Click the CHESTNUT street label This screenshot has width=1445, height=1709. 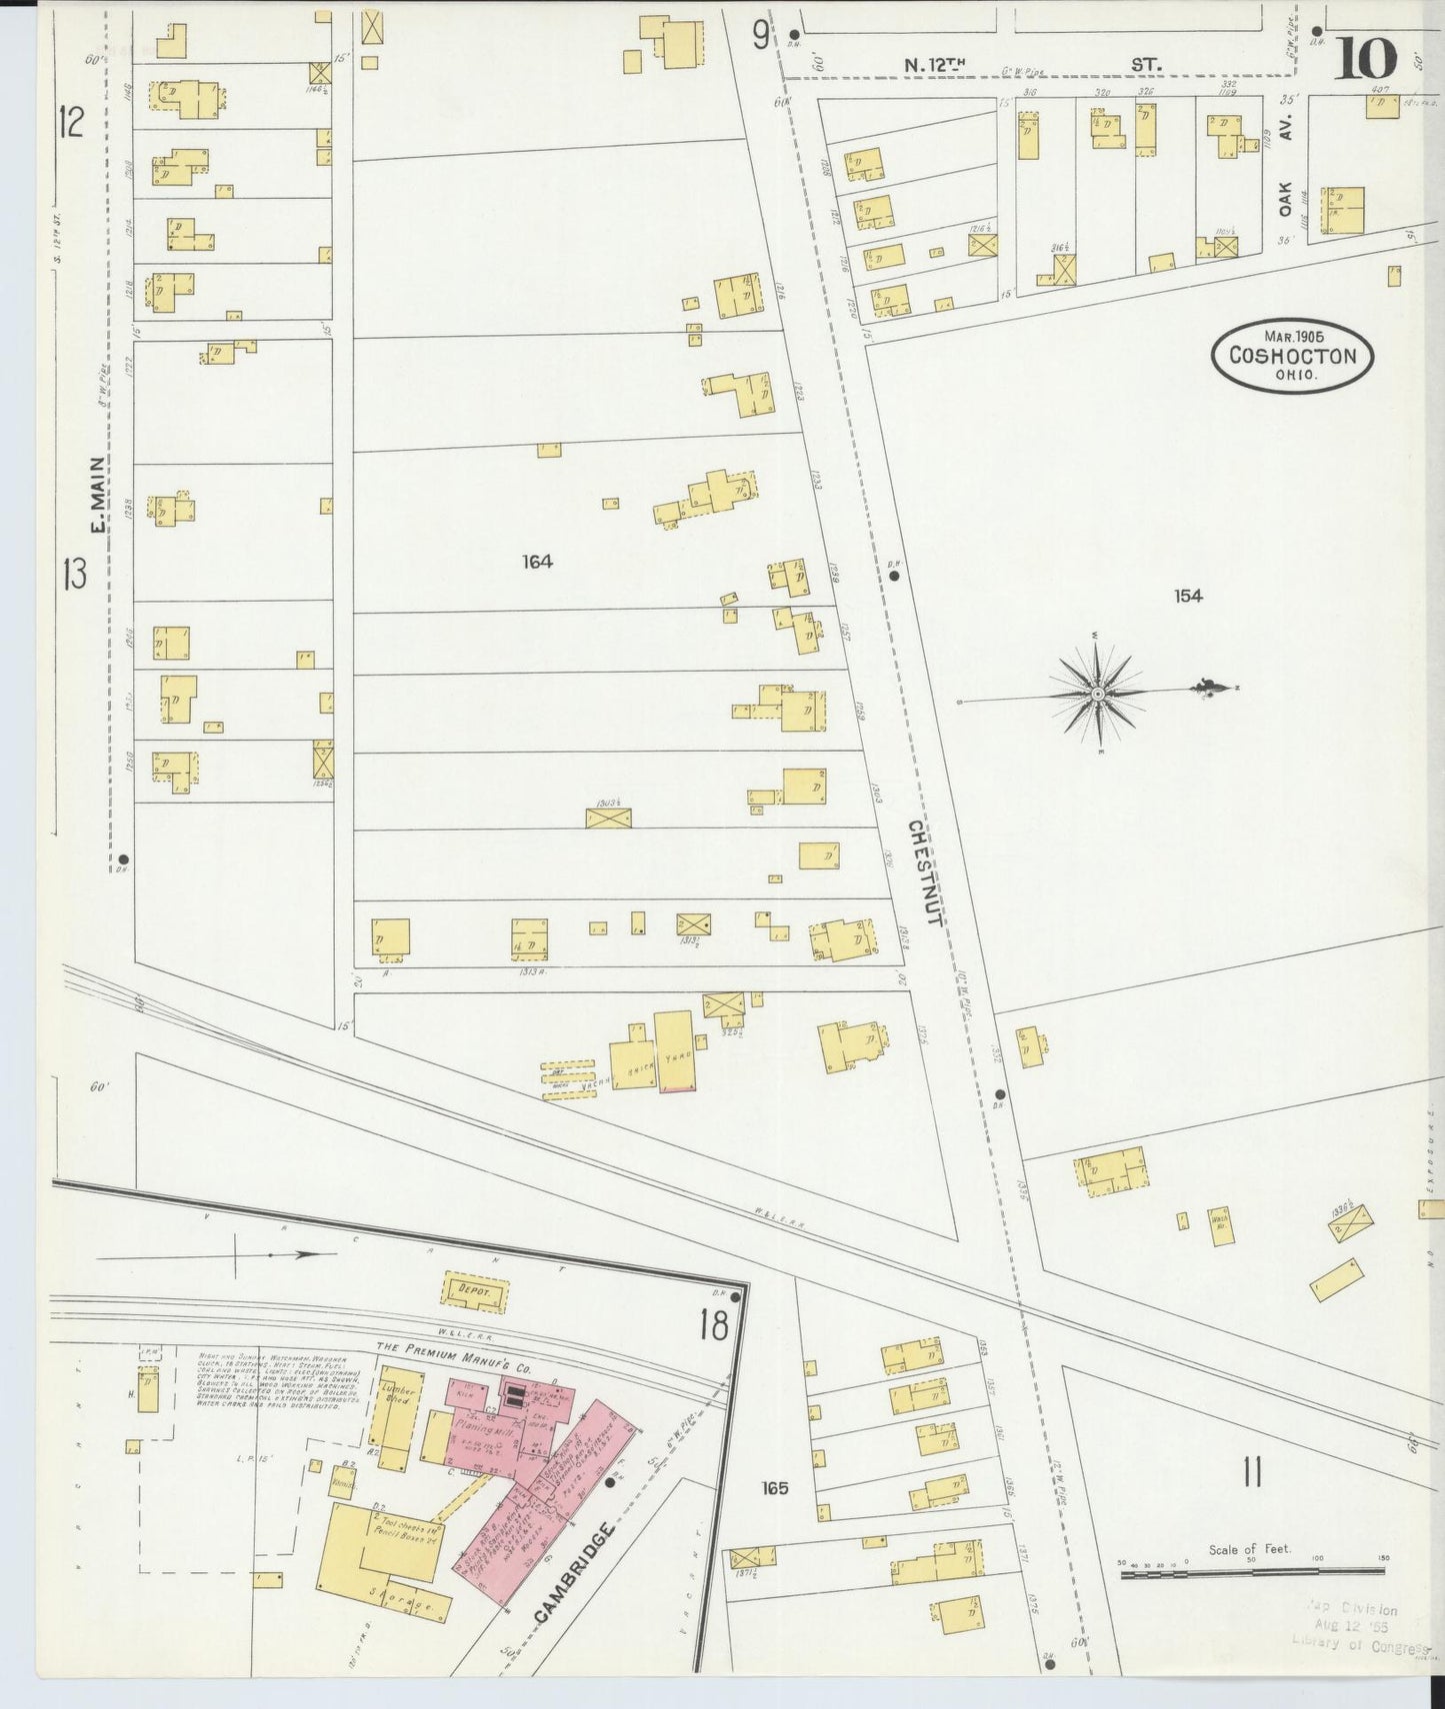(922, 871)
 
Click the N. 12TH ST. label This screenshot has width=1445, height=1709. (1030, 65)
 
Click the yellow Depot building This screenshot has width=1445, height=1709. (475, 1291)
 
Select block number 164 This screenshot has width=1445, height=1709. (537, 562)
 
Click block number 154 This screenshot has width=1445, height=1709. (1188, 596)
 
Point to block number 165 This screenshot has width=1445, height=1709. (774, 1488)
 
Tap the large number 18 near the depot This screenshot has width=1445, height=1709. (714, 1326)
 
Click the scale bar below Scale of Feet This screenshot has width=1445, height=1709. (1252, 1573)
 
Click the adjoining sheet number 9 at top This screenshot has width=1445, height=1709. (761, 36)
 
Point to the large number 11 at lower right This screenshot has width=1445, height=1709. (1251, 1472)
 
